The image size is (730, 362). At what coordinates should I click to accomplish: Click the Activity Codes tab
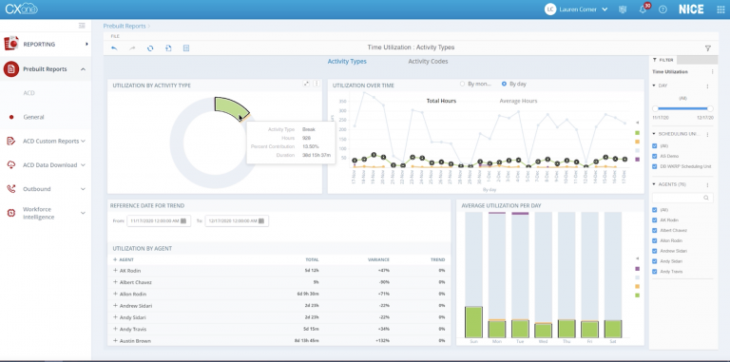coord(428,61)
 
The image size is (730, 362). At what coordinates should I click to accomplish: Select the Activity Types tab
coord(347,61)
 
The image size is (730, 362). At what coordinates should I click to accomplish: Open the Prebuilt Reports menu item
coord(45,69)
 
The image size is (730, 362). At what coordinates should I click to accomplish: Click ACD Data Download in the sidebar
coord(50,164)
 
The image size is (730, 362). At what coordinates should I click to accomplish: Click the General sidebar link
coord(34,117)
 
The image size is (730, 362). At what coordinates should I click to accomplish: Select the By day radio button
coord(505,84)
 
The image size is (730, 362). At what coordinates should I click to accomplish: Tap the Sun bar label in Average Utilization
coord(473,340)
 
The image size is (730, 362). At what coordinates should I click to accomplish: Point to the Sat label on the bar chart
coord(613,340)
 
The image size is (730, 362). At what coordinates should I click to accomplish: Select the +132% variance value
coord(383,340)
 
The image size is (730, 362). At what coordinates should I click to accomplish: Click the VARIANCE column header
coord(378,258)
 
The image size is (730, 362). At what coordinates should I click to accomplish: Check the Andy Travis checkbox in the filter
coord(654,272)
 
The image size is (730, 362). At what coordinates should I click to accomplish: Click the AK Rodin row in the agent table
coord(130,271)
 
